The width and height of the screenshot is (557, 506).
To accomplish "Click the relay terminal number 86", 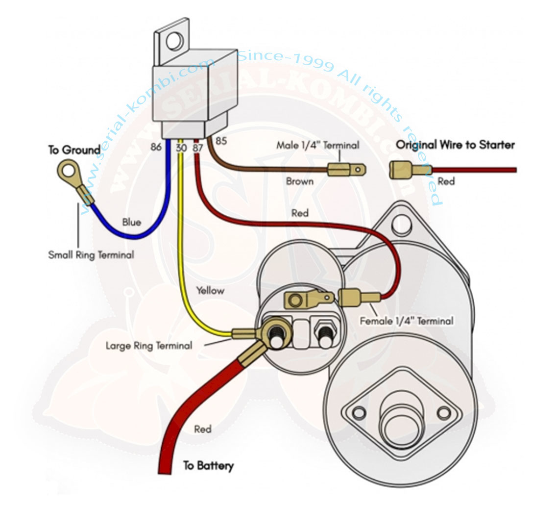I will point(156,146).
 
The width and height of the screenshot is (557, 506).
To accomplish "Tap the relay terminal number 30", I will point(181,146).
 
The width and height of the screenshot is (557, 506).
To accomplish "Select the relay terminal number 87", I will point(198,146).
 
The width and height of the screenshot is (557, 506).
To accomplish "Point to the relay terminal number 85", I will point(221,141).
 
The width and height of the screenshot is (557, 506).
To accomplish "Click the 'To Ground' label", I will point(74,150).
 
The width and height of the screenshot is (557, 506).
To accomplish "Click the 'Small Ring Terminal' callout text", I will point(91,255).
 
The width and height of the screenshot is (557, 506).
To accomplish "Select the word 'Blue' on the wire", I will point(131,222).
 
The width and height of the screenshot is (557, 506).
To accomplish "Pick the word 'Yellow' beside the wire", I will point(210,290).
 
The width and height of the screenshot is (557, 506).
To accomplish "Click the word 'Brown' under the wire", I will point(300,181).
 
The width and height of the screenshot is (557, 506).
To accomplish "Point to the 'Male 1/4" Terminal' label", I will point(317,145).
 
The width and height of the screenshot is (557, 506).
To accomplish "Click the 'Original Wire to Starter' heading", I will point(455,145).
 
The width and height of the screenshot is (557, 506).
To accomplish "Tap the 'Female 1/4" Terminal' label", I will point(406,322).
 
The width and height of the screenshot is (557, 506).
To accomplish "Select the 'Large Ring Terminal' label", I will point(149,346).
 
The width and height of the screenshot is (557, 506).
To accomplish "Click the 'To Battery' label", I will point(208,465).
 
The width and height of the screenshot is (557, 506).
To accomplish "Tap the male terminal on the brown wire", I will point(346,170).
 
